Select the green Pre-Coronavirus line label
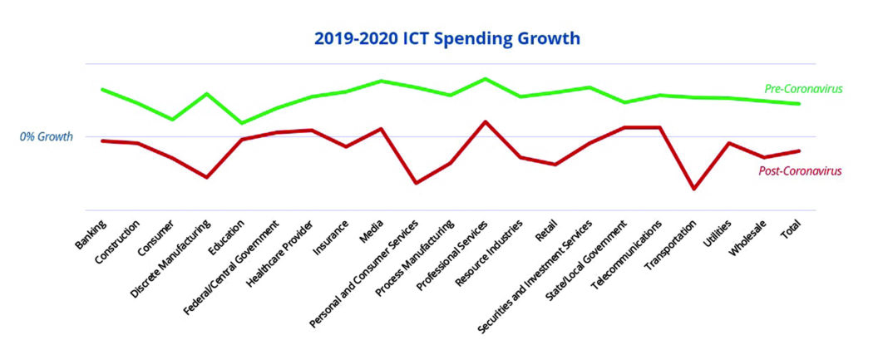[803, 89]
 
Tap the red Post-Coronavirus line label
[800, 171]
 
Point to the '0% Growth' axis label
[47, 136]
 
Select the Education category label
[227, 239]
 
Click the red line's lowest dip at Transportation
[693, 190]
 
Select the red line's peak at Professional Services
[485, 121]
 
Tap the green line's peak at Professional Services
[485, 79]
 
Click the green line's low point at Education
[241, 123]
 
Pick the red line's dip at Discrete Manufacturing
[206, 177]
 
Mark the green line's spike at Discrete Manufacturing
[206, 93]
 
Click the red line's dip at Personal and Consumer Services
[415, 183]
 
